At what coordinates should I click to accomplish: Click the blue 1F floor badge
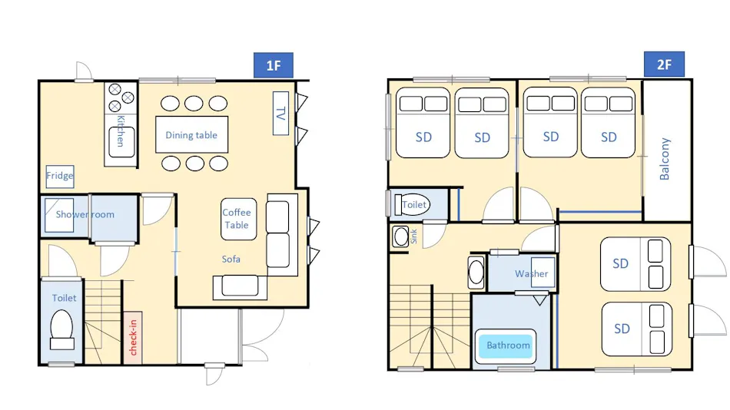[274, 65]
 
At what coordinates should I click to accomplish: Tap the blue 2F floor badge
[664, 64]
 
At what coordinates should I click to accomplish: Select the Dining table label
[191, 135]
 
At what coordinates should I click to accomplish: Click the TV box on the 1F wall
[280, 113]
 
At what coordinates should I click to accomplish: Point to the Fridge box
[60, 177]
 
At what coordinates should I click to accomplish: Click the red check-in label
[133, 337]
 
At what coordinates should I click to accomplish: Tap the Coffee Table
[238, 219]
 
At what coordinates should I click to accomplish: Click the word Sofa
[231, 260]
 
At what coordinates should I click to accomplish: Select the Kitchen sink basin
[121, 142]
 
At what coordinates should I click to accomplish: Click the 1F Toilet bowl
[61, 330]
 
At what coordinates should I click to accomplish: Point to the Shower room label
[85, 214]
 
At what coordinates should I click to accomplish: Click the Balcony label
[665, 159]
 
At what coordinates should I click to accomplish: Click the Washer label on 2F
[531, 273]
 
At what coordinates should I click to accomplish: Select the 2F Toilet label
[414, 204]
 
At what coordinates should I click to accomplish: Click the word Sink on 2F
[413, 236]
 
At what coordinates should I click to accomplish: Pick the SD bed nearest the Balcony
[608, 122]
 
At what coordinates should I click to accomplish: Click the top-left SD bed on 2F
[423, 122]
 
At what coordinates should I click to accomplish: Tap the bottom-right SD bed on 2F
[636, 329]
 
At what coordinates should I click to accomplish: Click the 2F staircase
[430, 327]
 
